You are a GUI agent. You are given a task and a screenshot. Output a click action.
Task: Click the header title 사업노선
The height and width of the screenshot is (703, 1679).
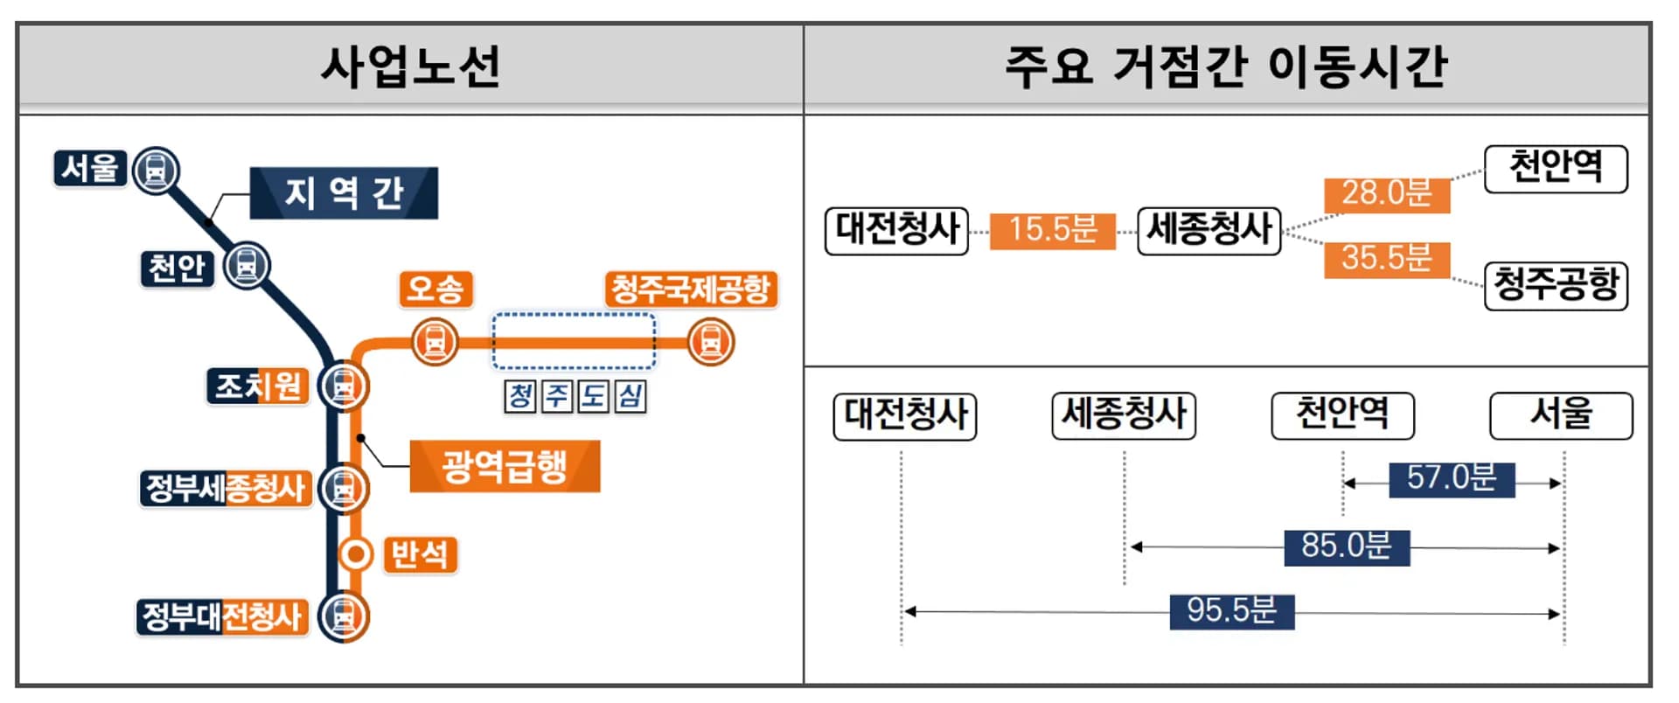[410, 67]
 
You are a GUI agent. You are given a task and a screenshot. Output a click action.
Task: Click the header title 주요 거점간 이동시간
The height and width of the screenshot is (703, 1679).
[1225, 67]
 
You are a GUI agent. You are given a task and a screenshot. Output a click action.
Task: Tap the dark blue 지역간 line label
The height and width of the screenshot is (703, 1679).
[344, 193]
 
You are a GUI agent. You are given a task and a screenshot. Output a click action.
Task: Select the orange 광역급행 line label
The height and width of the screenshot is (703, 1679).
[505, 466]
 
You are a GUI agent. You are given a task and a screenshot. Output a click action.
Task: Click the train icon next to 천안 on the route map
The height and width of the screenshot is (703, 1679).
[247, 265]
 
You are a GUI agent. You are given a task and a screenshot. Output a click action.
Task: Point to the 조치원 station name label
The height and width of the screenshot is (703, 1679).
[258, 386]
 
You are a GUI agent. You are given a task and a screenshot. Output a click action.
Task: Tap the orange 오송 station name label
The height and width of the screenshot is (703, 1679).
[435, 289]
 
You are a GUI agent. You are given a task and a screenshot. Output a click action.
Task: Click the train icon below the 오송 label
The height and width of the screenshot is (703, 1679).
[435, 341]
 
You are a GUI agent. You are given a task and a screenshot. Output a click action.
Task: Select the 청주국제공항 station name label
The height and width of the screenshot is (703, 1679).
[690, 289]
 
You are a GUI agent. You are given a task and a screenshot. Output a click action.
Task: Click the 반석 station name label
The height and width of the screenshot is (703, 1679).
[420, 554]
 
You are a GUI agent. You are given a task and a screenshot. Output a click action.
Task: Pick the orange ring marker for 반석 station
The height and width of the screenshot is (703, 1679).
[355, 554]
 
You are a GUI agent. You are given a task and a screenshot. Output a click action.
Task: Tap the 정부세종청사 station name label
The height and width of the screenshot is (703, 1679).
[225, 488]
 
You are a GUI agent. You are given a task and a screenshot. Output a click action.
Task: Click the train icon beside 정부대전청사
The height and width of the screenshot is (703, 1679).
[343, 616]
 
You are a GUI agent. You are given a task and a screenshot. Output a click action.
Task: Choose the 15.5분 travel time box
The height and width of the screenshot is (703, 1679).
[1052, 231]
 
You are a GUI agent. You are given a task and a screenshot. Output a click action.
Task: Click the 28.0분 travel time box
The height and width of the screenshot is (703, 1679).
[1386, 194]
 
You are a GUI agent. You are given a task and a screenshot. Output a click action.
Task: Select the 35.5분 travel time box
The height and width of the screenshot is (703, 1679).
[1386, 259]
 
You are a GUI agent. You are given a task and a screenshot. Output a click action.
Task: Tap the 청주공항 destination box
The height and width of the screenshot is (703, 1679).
[1556, 286]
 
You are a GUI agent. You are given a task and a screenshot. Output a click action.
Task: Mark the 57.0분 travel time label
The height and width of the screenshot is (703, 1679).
[1451, 479]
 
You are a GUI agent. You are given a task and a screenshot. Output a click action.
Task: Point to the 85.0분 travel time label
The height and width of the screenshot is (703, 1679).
[1346, 546]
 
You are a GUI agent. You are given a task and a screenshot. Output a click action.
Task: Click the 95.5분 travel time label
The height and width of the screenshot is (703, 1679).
[1231, 611]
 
